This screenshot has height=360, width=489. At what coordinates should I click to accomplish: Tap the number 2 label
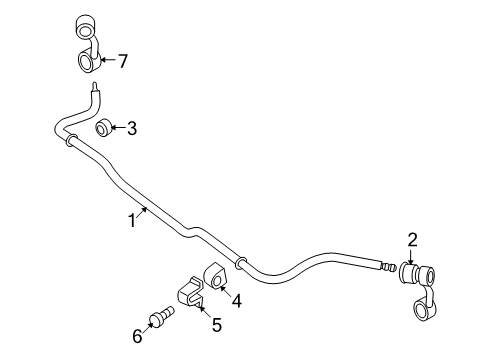[x=410, y=239]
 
